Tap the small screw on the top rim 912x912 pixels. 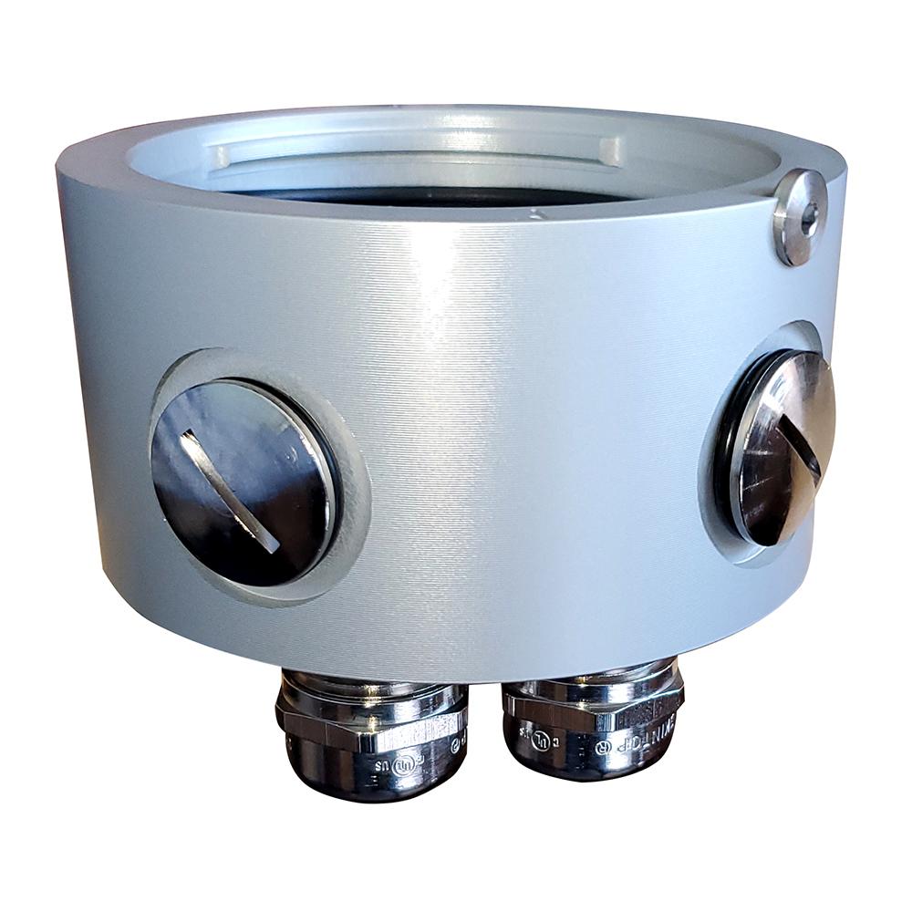(x=800, y=215)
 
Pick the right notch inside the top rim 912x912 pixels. (x=610, y=150)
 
